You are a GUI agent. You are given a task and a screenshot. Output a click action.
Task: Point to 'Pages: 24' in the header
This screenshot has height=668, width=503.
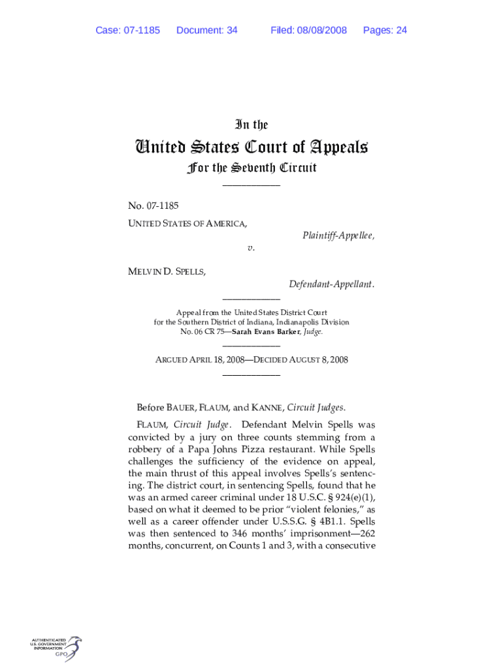(x=385, y=31)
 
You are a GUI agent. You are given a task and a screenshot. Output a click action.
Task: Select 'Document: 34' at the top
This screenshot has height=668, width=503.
(x=206, y=31)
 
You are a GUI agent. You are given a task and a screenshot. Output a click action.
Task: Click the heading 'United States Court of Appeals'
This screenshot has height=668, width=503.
(x=252, y=147)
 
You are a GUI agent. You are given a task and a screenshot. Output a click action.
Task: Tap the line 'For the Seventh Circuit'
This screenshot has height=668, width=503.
(x=252, y=168)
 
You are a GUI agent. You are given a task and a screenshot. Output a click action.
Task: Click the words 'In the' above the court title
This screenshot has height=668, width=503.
(x=252, y=125)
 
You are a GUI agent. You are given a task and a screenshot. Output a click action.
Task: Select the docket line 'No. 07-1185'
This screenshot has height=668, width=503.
(x=154, y=206)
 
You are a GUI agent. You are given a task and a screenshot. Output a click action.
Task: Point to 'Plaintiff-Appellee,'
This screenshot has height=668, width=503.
(x=338, y=235)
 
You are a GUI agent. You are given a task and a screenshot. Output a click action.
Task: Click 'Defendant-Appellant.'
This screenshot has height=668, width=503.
(x=332, y=284)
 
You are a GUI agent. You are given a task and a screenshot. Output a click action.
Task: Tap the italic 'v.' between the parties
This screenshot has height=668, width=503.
(x=251, y=248)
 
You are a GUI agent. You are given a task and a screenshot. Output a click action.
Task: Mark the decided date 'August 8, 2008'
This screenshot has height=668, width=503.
(x=317, y=360)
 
